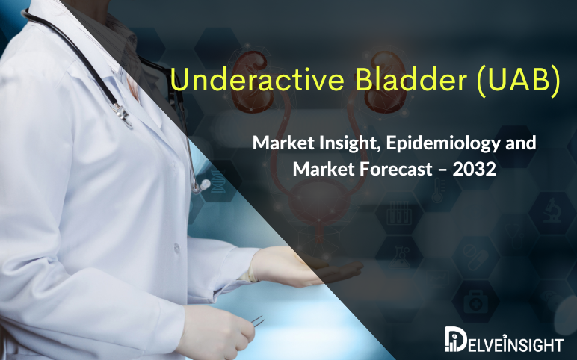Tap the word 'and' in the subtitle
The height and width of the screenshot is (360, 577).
(x=520, y=142)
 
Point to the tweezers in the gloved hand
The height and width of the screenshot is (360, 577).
(x=256, y=319)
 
